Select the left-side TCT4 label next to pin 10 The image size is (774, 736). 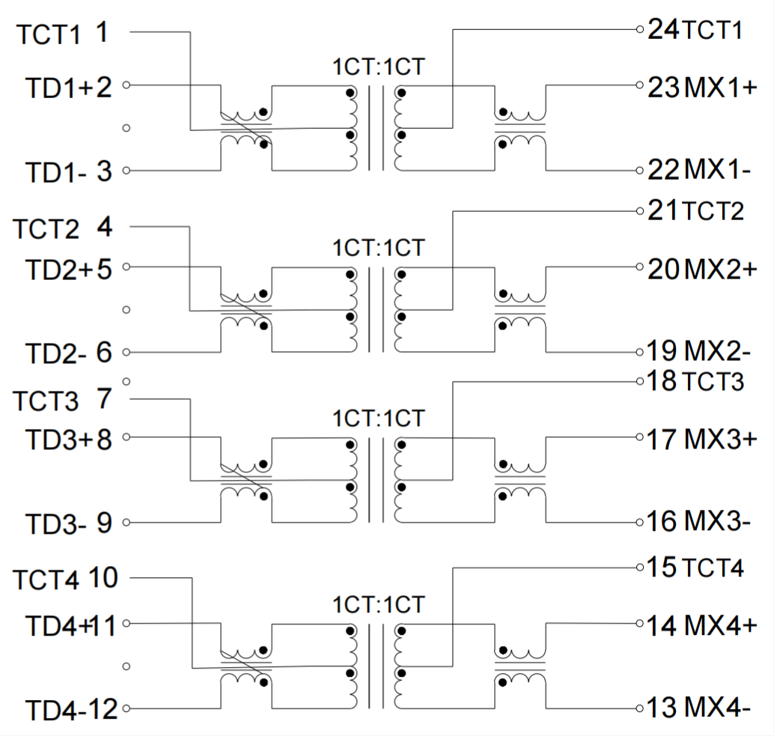point(46,580)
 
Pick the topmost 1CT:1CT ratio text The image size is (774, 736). point(379,67)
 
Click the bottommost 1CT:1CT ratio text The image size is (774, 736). point(379,604)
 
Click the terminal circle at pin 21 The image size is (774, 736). point(640,211)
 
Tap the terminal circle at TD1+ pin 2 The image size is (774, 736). point(127,85)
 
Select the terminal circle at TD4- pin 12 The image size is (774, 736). point(127,708)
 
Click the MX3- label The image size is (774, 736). point(717,522)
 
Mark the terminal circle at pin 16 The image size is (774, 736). point(640,522)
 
